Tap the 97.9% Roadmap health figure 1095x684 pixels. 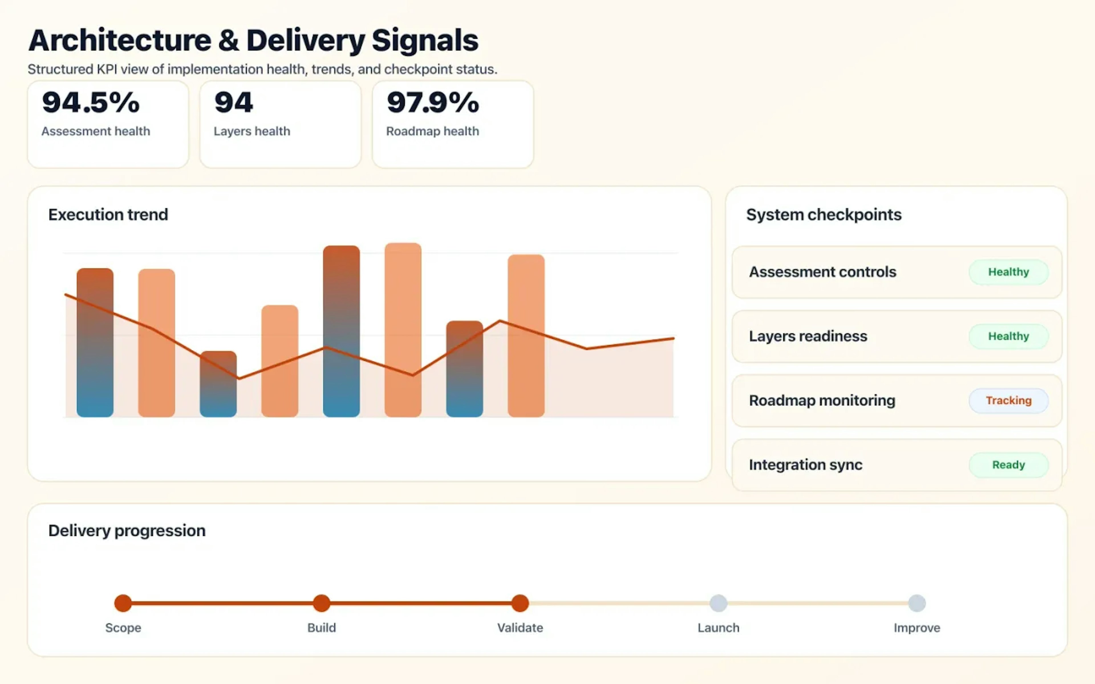coord(433,102)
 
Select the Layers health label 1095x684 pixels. coord(252,131)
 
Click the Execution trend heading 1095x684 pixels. coord(108,214)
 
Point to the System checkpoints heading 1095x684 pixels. coord(824,214)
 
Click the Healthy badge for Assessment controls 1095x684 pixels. coord(1008,272)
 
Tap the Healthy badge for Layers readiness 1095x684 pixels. coord(1008,336)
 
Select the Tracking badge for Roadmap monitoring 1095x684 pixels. coord(1008,400)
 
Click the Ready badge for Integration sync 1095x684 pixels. coord(1008,465)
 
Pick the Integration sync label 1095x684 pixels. coord(805,465)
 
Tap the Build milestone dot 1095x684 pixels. coord(321,603)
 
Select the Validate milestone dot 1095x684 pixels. coord(520,603)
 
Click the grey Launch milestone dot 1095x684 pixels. coord(718,603)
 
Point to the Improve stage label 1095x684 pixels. coord(917,628)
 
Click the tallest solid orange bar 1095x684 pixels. coord(403,330)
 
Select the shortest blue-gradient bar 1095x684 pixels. coord(218,384)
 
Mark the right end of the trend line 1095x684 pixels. coord(673,338)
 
